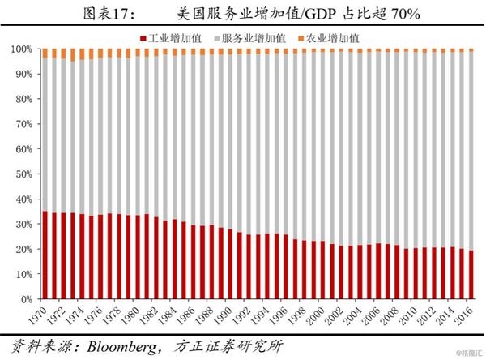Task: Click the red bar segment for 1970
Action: (45, 255)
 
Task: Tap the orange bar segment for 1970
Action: (45, 54)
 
